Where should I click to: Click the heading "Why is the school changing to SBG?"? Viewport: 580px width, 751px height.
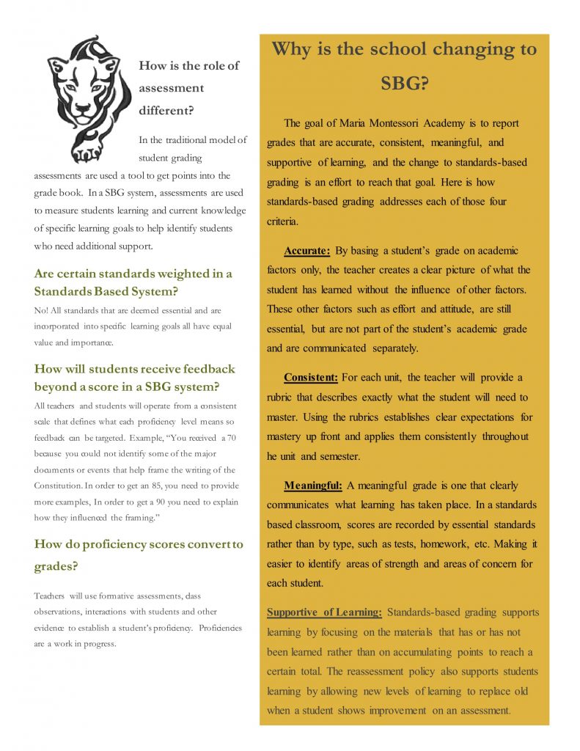tap(404, 66)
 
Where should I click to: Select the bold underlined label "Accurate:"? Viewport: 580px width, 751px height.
tap(307, 251)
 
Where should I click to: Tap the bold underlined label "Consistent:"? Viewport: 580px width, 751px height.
tap(311, 378)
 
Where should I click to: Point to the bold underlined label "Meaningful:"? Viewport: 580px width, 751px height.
tap(313, 486)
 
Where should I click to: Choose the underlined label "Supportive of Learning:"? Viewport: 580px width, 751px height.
tap(324, 612)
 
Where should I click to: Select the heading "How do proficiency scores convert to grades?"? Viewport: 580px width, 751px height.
tap(139, 555)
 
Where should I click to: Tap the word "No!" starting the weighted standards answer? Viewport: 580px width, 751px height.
tap(42, 310)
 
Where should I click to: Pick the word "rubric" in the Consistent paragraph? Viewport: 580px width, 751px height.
tap(284, 398)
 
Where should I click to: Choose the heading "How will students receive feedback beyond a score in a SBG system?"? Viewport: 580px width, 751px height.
tap(134, 377)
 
